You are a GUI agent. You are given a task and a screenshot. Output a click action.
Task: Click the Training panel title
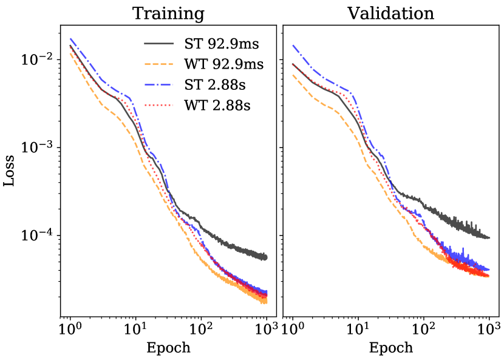click(x=168, y=13)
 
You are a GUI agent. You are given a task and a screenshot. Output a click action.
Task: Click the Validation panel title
click(x=390, y=13)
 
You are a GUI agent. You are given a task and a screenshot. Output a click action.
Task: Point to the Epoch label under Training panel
click(x=168, y=348)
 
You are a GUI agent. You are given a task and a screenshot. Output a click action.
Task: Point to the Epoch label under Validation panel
click(x=390, y=348)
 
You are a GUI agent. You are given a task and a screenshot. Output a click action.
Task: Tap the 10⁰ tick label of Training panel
click(x=70, y=330)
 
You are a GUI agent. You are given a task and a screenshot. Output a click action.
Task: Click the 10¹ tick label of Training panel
click(x=135, y=330)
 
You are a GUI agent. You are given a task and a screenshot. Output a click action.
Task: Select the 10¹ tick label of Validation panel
click(x=358, y=330)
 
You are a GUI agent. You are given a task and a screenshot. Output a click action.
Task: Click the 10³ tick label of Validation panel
click(x=489, y=330)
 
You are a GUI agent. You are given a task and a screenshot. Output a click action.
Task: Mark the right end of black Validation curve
click(x=489, y=237)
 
